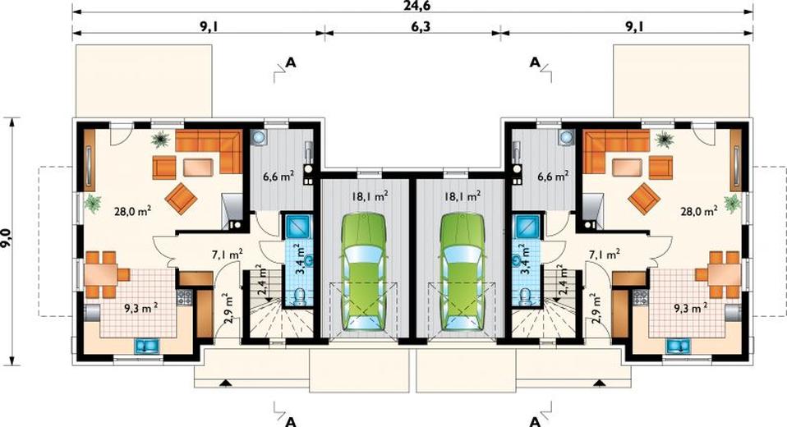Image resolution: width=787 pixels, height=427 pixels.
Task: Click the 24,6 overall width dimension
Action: coord(413,5)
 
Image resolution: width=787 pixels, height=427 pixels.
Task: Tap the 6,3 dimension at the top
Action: coord(421,26)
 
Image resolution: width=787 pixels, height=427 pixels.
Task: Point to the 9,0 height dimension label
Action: coord(7,241)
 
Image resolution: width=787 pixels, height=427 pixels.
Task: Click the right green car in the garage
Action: coord(462,271)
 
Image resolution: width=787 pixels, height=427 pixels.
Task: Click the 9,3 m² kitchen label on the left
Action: coord(141,307)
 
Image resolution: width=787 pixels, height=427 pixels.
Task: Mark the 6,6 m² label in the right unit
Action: coord(553,176)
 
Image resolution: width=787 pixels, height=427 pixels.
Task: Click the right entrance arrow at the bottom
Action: coord(599,383)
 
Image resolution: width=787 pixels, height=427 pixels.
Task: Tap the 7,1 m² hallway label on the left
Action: coord(227,254)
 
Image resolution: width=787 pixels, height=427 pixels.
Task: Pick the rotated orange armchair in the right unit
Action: coord(643,198)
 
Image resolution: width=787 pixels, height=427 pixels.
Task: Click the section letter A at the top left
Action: coord(291,62)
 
